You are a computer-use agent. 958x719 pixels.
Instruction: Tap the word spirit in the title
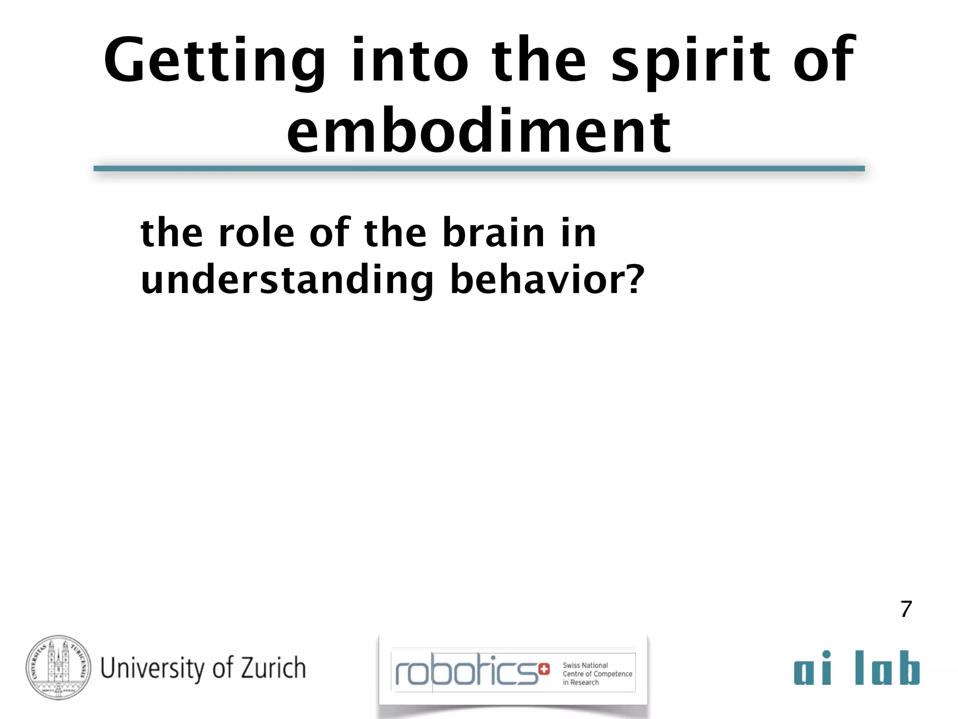coord(690,61)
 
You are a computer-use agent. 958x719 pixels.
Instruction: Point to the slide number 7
coord(906,609)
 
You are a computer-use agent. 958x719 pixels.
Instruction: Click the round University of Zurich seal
coord(58,668)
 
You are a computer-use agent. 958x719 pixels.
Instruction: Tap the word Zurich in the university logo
coord(273,668)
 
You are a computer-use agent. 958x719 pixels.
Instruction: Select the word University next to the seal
coord(152,668)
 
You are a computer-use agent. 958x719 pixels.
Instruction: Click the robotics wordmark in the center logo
coord(466,670)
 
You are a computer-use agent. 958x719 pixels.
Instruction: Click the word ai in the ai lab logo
coord(813,668)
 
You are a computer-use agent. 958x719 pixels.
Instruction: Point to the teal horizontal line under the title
coord(479,169)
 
